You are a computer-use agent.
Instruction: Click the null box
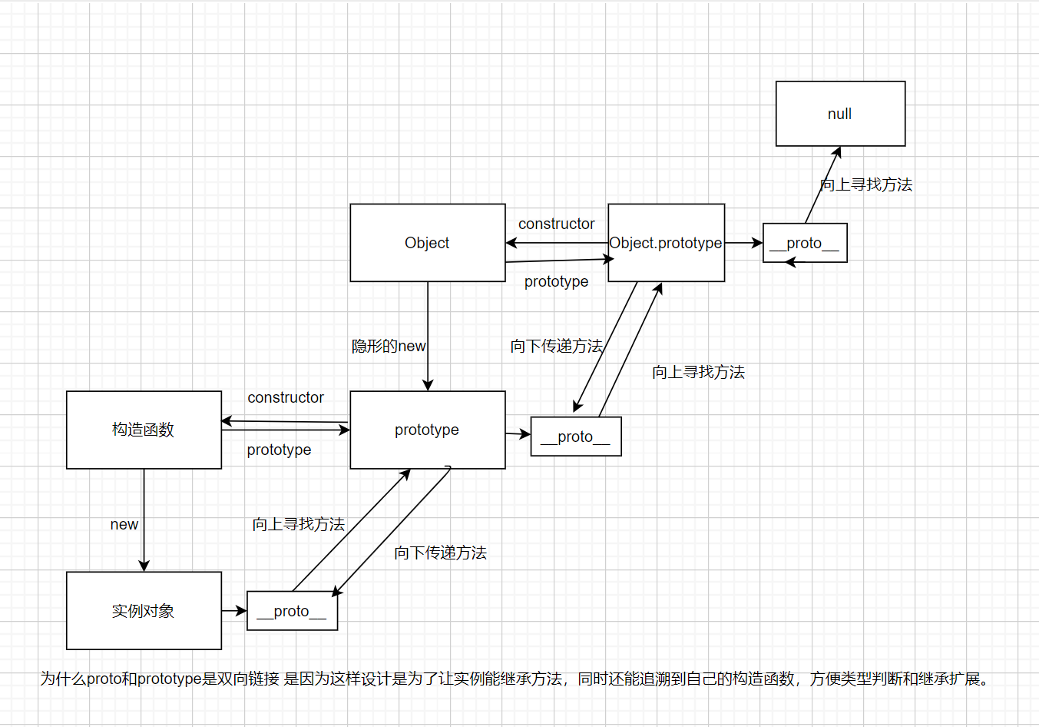840,114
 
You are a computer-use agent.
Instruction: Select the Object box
427,243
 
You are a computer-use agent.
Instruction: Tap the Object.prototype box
666,243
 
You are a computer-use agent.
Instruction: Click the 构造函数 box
144,430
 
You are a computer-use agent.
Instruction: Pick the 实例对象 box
144,611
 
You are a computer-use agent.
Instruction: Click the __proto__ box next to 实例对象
292,611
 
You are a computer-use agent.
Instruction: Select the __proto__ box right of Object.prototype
805,243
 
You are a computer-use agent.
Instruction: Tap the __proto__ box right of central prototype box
575,437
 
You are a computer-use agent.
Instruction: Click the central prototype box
427,430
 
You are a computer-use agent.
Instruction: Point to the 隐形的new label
389,346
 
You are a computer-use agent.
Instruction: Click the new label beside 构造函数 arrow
124,524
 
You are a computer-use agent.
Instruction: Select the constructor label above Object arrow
556,224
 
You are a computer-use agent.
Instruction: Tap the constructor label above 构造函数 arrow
286,397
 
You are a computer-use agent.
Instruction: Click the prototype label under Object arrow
556,281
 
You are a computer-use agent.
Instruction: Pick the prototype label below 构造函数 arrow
279,450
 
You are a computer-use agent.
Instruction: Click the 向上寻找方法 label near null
866,184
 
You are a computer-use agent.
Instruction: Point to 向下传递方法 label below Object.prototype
556,346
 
